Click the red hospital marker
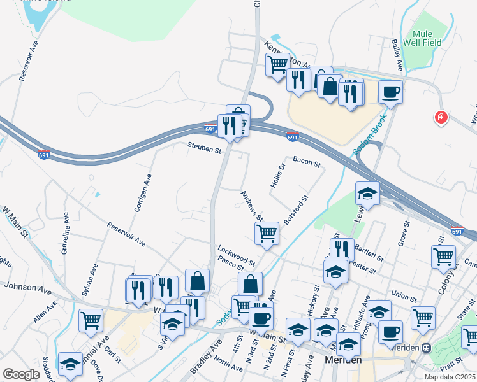click(x=440, y=117)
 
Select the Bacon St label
click(x=306, y=163)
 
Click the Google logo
click(x=21, y=374)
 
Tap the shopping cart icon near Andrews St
click(x=267, y=232)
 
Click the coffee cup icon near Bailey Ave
click(x=391, y=91)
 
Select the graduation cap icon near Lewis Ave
click(x=367, y=194)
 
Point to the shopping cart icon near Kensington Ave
click(x=277, y=64)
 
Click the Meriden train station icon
click(x=427, y=348)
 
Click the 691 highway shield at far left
click(x=44, y=155)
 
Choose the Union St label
click(x=404, y=296)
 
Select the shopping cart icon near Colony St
click(x=443, y=257)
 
